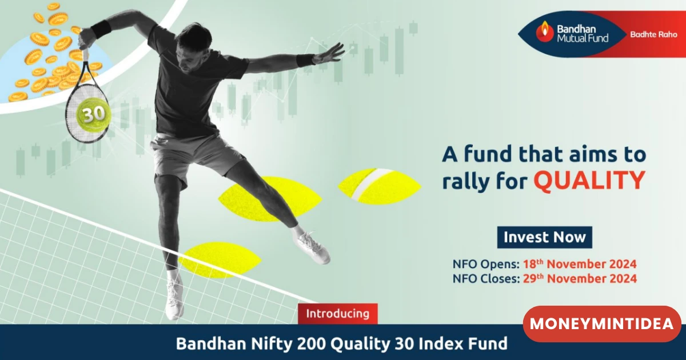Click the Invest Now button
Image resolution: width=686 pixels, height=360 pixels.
click(544, 237)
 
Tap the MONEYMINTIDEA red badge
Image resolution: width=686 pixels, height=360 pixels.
click(602, 324)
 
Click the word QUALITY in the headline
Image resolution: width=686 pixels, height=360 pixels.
click(589, 180)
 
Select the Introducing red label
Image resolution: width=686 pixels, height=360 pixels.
click(338, 314)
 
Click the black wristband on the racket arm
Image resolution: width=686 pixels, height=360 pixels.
click(101, 29)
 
